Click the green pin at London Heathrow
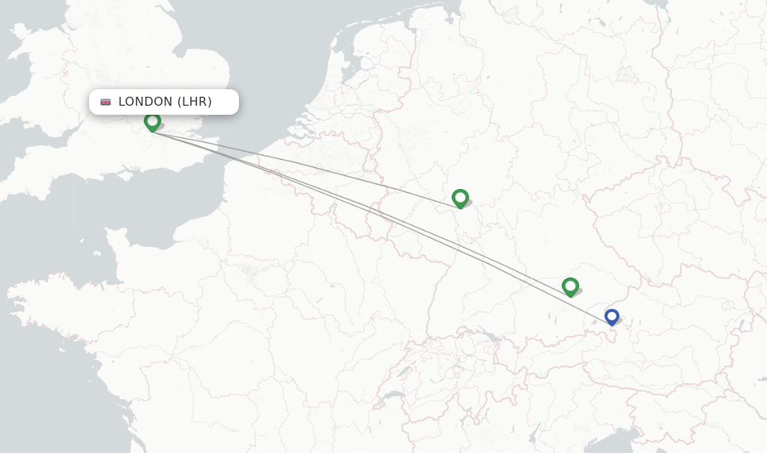coord(152,121)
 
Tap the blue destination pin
coord(612,316)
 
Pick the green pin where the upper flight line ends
coord(460,198)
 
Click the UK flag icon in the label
coord(106,102)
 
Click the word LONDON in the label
coord(146,102)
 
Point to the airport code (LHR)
coord(195,102)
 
